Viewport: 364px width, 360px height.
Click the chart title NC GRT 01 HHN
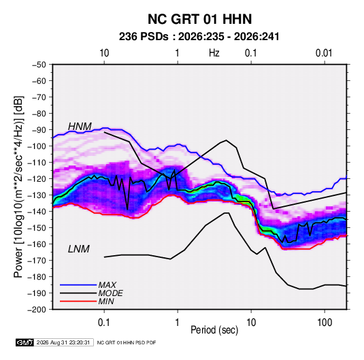point(199,19)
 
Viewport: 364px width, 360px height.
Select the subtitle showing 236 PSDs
point(199,37)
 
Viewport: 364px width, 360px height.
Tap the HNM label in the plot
point(80,127)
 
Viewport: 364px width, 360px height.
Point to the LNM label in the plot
point(79,249)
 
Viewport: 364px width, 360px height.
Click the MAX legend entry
point(107,284)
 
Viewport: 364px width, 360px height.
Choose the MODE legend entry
point(110,293)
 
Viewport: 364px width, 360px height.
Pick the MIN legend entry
point(106,301)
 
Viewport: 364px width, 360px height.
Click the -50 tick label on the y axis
point(39,65)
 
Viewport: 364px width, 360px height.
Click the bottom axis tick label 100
point(325,323)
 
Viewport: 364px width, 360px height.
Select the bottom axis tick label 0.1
point(104,323)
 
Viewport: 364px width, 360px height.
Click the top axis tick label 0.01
point(324,53)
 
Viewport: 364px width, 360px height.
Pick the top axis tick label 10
point(104,53)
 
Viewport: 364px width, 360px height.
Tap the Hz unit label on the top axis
point(214,53)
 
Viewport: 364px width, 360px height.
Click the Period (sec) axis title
point(214,330)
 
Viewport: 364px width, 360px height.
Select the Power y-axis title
point(18,187)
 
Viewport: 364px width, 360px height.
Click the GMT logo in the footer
point(25,342)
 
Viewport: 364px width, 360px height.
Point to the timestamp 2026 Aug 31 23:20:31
point(63,342)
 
